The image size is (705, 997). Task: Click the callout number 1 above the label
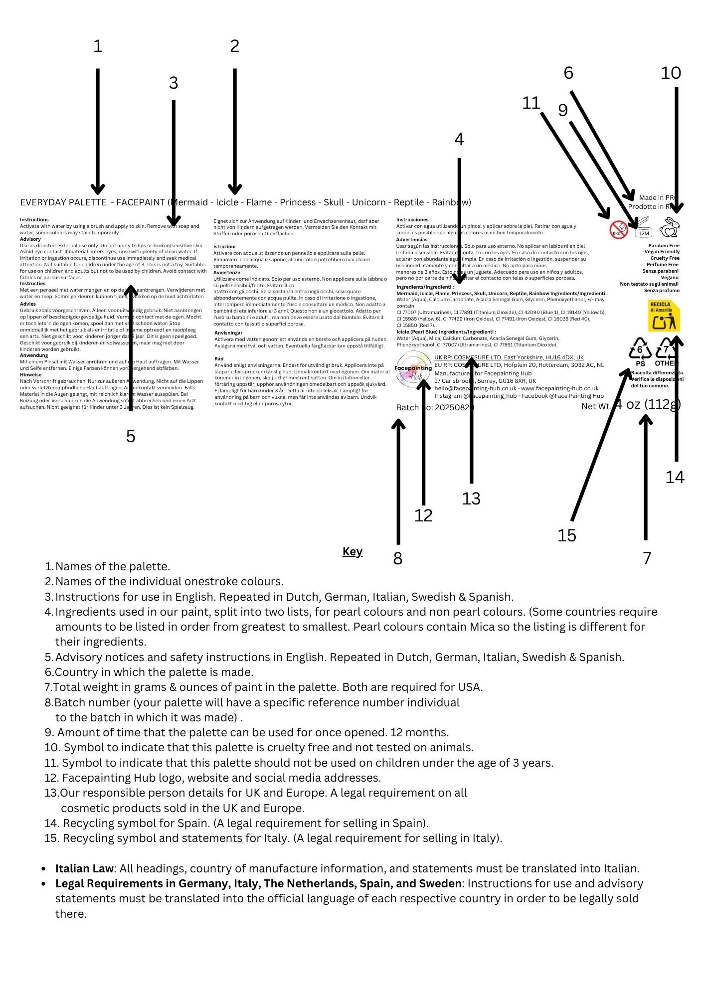pos(98,46)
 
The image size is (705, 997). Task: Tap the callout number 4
pos(459,140)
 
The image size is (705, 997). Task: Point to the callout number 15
pos(566,535)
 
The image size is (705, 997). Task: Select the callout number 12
pos(423,515)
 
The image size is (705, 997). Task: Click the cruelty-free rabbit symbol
pos(670,228)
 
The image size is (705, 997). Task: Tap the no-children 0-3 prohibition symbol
pos(618,230)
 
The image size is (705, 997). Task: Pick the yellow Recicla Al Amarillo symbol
pos(664,316)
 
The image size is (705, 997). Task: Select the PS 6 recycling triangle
pos(640,351)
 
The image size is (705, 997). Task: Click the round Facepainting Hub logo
pos(413,369)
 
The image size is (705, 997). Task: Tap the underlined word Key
pos(352,551)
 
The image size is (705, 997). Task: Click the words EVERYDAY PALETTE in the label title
pos(63,202)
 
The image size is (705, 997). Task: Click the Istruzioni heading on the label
pos(224,247)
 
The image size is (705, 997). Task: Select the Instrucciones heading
pos(412,220)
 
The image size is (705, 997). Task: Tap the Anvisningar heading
pos(228,332)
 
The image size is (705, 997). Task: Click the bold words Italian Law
pos(84,868)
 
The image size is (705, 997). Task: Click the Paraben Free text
pos(664,246)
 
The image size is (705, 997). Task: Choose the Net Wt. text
pos(596,407)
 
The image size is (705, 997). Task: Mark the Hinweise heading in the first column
pos(30,375)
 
